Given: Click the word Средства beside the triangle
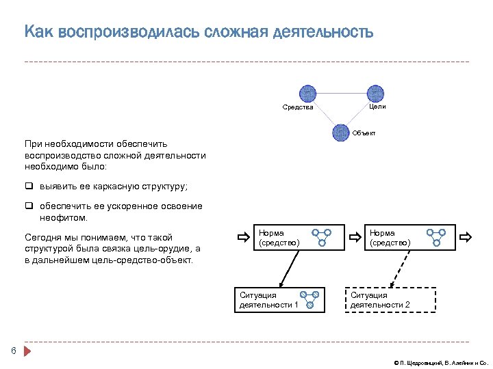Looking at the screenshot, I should (x=298, y=107).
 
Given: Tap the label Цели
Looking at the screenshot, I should (x=377, y=107).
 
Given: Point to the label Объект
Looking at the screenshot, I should (x=364, y=133).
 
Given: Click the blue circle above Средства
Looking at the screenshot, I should (x=307, y=93).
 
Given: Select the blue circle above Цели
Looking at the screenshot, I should (x=376, y=93).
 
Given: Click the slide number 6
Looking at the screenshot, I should (x=13, y=351).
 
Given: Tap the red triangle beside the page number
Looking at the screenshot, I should (x=27, y=352).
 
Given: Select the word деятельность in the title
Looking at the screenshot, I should (x=323, y=32).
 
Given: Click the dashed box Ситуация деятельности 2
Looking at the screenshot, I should (x=390, y=299).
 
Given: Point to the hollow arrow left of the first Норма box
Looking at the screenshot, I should (x=243, y=238).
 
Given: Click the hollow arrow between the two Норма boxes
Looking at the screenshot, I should (x=355, y=238).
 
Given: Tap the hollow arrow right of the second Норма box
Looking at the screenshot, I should (x=466, y=238).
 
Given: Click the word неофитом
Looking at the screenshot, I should (x=64, y=218).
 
